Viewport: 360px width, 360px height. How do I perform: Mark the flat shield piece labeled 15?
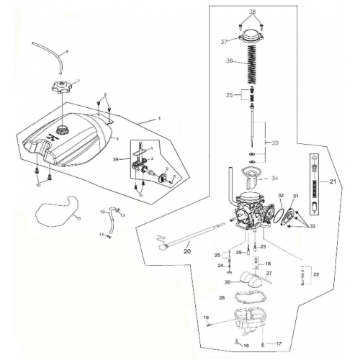click(56, 212)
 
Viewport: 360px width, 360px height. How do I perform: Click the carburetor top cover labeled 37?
click(252, 40)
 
